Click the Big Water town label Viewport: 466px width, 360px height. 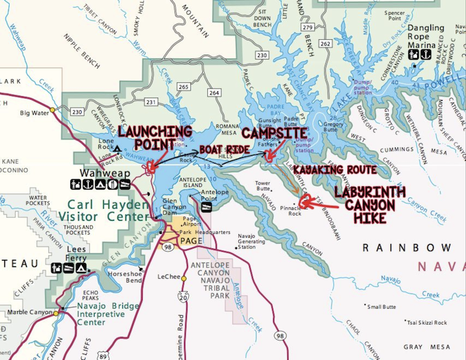tap(34, 113)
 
